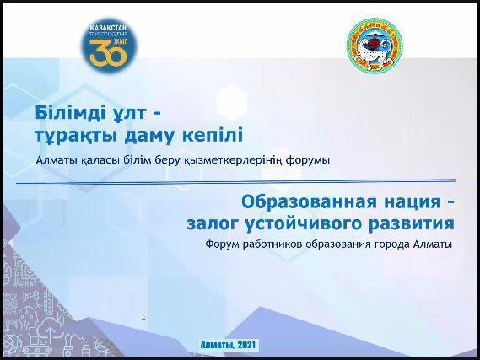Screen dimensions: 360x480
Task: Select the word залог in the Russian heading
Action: pyautogui.click(x=215, y=224)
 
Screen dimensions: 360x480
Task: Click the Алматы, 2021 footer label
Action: pyautogui.click(x=229, y=345)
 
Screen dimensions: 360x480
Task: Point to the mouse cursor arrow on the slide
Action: pyautogui.click(x=143, y=317)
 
